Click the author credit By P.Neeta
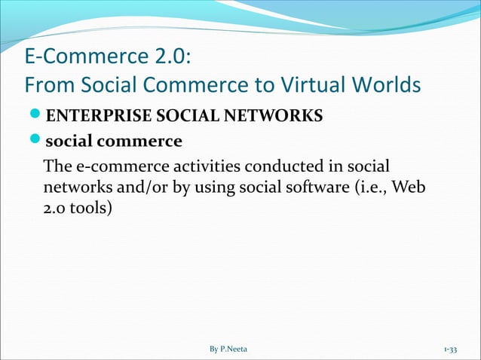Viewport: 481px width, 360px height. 233,349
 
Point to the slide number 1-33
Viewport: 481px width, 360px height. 455,349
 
